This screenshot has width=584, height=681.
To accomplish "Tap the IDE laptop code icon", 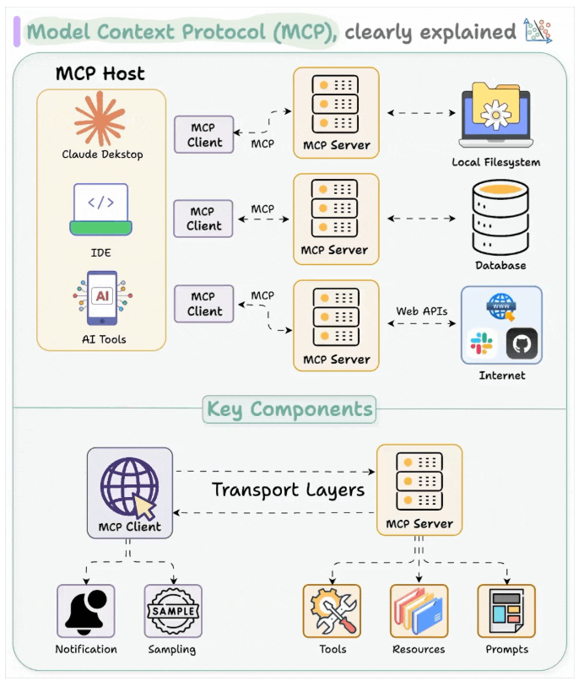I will pyautogui.click(x=101, y=208).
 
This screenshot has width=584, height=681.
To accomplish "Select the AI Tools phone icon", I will pyautogui.click(x=102, y=297).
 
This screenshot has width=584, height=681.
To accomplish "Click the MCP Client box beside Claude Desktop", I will pyautogui.click(x=204, y=135).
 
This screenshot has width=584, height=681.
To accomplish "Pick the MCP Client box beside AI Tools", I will pyautogui.click(x=204, y=304).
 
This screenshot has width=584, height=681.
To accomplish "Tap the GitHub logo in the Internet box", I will pyautogui.click(x=521, y=343).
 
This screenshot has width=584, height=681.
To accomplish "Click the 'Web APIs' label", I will pyautogui.click(x=422, y=311).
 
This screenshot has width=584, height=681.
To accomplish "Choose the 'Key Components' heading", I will pyautogui.click(x=289, y=410).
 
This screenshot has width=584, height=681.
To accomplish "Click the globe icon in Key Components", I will pyautogui.click(x=129, y=486).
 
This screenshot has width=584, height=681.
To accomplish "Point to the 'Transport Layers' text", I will pyautogui.click(x=288, y=489).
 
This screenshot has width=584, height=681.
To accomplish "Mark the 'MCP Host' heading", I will pyautogui.click(x=100, y=73).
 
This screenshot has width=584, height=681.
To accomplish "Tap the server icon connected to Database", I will pyautogui.click(x=335, y=208).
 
